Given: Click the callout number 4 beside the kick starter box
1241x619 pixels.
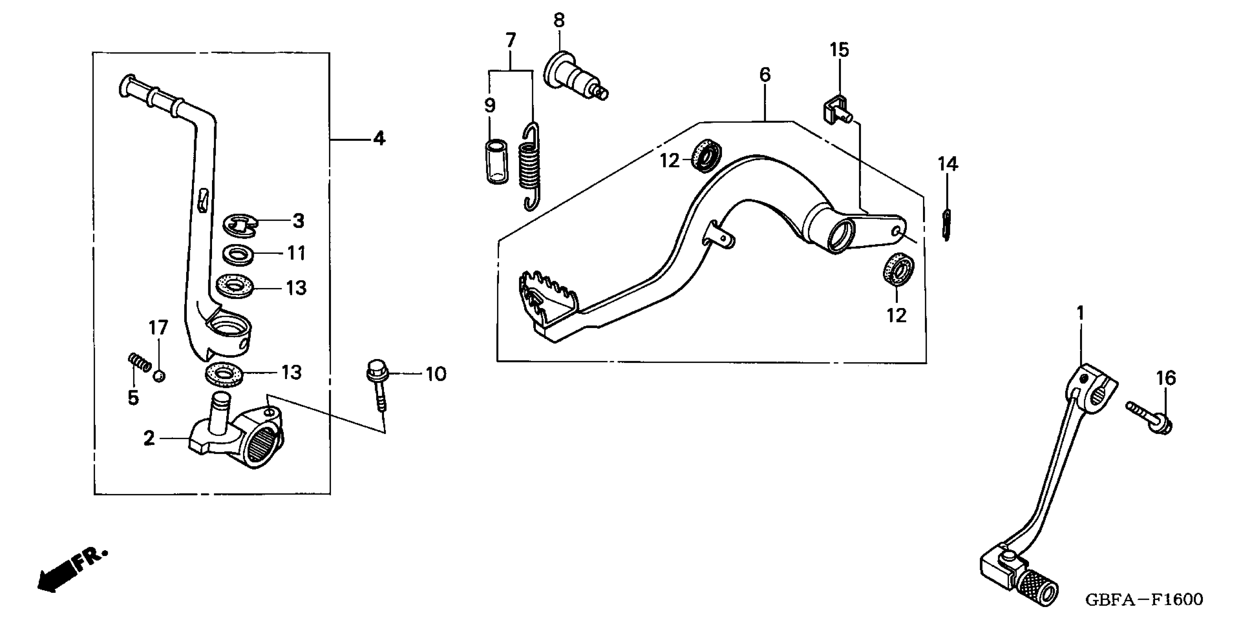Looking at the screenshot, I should point(379,139).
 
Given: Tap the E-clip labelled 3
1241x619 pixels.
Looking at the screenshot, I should point(240,225).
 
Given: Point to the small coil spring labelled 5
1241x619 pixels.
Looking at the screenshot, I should point(140,362).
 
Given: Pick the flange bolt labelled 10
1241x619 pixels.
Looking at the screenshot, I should point(377,385).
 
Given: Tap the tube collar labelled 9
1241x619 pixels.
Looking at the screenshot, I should point(496,161).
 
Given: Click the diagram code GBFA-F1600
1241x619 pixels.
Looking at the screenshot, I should point(1144,600).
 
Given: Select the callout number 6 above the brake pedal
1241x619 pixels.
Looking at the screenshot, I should point(765,75).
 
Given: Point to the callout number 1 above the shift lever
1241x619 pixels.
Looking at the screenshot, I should point(1081,314).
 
